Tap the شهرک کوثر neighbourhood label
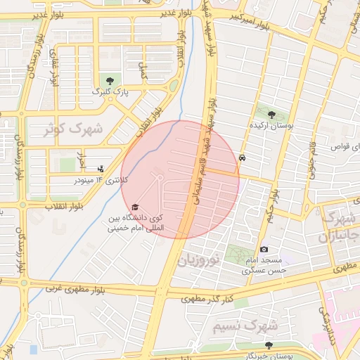pos(73,129)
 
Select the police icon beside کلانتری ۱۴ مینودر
pos(101,169)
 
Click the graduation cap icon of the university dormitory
pos(134,207)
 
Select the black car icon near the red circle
pos(243,158)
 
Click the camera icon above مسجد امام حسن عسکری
pos(264,249)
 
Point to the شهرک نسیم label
pos(245,327)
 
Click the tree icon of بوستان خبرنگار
pos(269,345)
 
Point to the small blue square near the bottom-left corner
pos(32,349)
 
